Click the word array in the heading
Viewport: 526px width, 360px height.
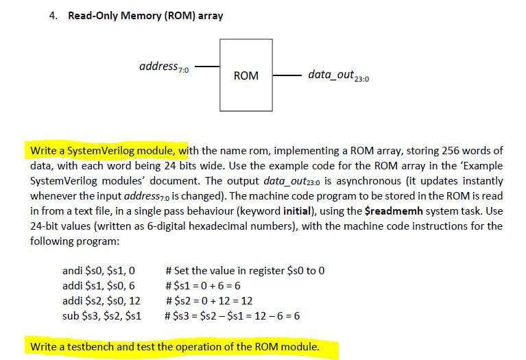(x=210, y=16)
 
